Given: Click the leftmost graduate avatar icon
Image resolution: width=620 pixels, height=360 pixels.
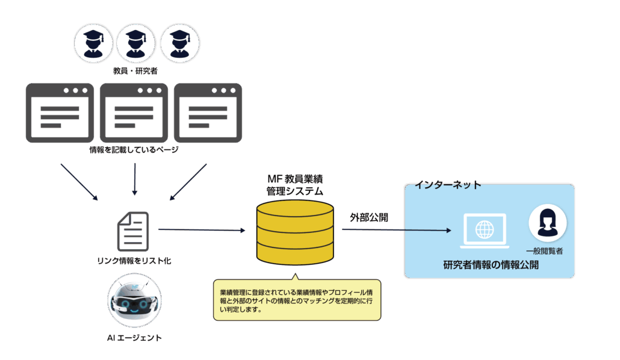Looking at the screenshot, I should pos(93,43).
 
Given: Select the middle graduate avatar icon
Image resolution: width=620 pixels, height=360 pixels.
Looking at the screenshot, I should pos(136,43).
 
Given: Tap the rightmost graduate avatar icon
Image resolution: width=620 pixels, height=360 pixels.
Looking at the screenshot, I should pos(179,43).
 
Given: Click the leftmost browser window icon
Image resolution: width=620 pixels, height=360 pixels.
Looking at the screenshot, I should pos(60,113).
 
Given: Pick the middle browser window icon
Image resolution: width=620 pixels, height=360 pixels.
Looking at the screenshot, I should pos(134,113).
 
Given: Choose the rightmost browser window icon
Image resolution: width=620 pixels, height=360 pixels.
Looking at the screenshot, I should pos(208,113).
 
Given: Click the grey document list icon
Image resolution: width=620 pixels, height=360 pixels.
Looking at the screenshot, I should pos(132,232).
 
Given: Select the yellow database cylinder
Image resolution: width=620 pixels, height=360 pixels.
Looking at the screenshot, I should pos(295,232).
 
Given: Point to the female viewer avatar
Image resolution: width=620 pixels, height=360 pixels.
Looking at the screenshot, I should pos(547,223).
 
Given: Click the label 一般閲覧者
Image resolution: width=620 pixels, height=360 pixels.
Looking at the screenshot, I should pos(544,250).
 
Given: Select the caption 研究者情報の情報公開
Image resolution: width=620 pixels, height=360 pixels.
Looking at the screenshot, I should pos(491,265).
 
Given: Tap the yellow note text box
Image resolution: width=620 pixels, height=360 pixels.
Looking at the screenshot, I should pos(297,300).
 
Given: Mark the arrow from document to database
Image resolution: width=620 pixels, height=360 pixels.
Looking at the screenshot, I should pos(202,230).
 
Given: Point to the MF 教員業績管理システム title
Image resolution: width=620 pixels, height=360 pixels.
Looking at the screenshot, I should pos(295,185).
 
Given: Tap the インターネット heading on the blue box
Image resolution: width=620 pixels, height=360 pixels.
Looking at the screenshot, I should pos(448,185).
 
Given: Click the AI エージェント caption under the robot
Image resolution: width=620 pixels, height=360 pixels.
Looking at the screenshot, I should pos(134,338).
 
